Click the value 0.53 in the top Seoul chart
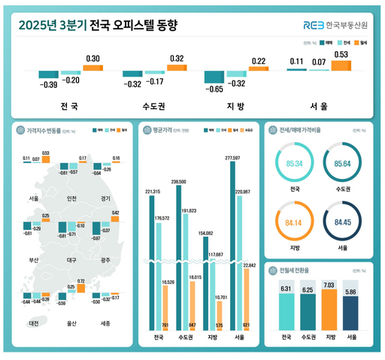341,54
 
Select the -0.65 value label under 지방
214,89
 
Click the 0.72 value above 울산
80,281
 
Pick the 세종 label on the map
105,323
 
